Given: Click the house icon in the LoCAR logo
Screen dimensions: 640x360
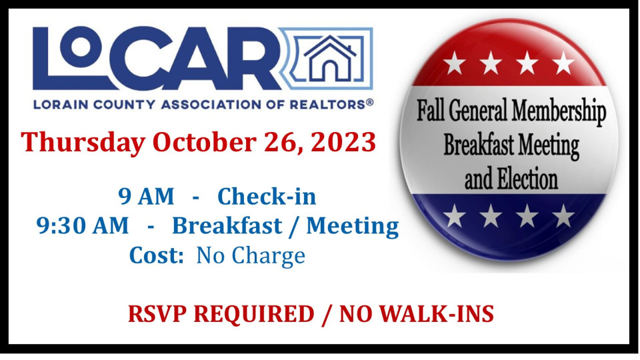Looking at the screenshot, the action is (330, 58).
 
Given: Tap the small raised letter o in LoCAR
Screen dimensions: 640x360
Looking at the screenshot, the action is (81, 47).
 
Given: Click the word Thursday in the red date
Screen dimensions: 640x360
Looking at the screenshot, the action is (83, 143).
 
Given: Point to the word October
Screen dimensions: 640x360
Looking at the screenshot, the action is (205, 141).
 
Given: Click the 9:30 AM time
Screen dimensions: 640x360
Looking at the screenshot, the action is (83, 225).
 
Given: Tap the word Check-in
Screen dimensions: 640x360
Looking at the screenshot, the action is (267, 196).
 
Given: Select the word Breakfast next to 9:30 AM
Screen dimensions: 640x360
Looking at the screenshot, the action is (227, 225).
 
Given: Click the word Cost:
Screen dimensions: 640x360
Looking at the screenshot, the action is (156, 255).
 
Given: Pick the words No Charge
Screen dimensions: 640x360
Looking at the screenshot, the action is (251, 256).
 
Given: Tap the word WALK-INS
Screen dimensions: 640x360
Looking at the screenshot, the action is (437, 314).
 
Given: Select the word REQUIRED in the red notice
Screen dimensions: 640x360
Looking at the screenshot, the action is (254, 314).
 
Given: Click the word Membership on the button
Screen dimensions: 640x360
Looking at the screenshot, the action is (559, 111).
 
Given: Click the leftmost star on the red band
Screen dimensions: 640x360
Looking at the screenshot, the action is (454, 63).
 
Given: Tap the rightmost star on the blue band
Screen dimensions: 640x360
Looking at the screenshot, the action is (564, 215).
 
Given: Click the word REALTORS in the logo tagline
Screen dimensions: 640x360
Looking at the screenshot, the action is (327, 105).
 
